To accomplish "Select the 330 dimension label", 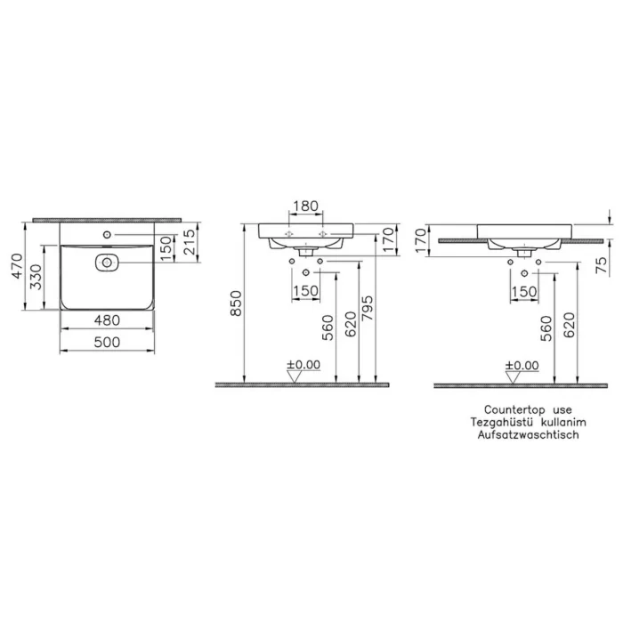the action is coord(36,277).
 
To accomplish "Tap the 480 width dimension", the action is coord(107,320).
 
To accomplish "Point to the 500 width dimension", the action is coord(107,342).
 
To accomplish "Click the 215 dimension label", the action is coord(190,242).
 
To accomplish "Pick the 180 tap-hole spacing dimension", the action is coord(305,206).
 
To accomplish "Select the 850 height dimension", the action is coord(236,303).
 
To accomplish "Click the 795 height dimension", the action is coord(368,308).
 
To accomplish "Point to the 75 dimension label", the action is coord(603,265).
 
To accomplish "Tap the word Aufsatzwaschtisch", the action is coord(528,434).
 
